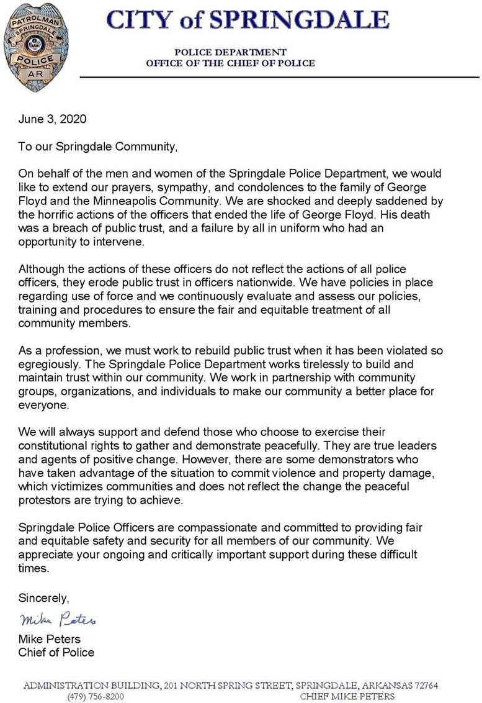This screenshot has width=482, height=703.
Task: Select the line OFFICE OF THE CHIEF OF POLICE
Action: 230,63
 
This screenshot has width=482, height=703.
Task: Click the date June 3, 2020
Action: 53,119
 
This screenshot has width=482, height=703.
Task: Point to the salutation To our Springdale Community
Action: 98,147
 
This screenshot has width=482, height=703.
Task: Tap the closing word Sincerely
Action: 43,598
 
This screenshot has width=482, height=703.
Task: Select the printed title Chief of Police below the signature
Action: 56,652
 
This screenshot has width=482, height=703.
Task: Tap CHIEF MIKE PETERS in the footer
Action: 347,697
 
